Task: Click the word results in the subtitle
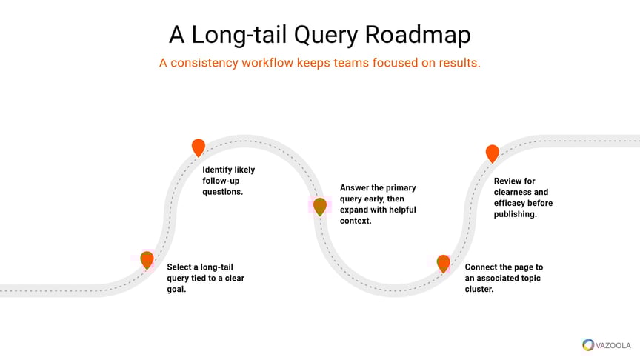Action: click(x=457, y=63)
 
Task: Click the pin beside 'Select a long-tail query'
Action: click(x=147, y=259)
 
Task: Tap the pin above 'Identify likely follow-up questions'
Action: click(x=198, y=147)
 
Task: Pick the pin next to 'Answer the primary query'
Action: click(x=319, y=206)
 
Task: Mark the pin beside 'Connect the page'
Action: click(x=443, y=263)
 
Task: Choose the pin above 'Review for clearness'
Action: click(x=492, y=153)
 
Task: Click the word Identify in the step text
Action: click(x=219, y=170)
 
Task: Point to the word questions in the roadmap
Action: click(x=223, y=192)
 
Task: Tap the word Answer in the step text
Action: click(x=355, y=188)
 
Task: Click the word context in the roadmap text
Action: click(x=355, y=221)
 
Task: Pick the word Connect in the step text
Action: click(x=482, y=267)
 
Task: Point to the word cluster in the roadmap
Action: click(x=479, y=289)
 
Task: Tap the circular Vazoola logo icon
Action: click(x=588, y=344)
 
